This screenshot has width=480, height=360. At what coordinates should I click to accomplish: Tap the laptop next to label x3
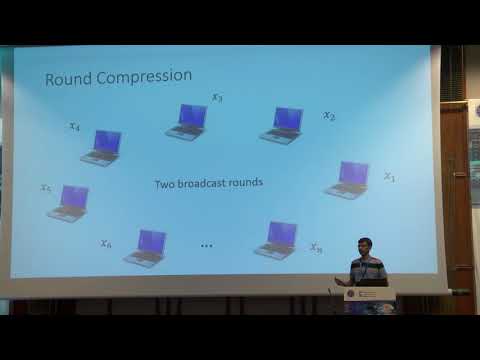pos(187,121)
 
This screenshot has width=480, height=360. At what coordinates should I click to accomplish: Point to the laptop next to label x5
pos(69,201)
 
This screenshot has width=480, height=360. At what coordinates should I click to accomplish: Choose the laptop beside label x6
pos(146,247)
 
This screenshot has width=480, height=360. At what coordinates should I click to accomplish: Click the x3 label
pos(217,98)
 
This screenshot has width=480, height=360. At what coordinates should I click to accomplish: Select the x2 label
pos(329,116)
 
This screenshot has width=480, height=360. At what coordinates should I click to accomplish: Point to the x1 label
pos(389,177)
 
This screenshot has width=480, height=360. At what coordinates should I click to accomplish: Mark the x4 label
pos(75,126)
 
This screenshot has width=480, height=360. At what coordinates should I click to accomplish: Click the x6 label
pos(106,243)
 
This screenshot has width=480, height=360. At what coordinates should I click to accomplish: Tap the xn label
pos(316,247)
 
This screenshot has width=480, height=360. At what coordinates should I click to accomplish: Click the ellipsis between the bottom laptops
pos(208,245)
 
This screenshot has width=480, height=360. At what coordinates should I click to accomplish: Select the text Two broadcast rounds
pos(208,184)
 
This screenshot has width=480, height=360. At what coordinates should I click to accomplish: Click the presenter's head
pos(365,246)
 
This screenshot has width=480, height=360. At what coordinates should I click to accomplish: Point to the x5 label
pos(46,188)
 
